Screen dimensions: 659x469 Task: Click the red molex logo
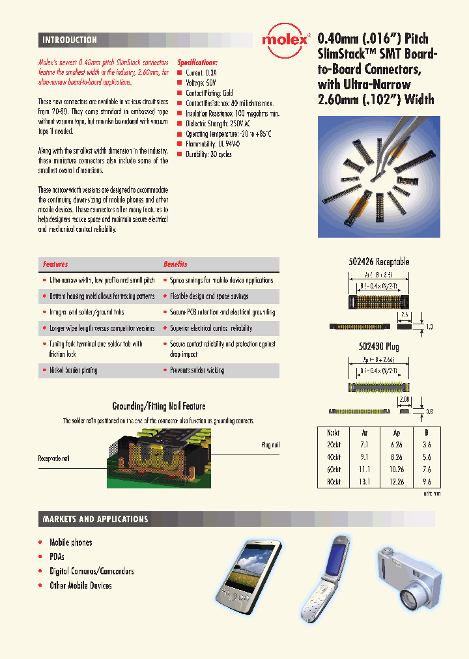point(285,40)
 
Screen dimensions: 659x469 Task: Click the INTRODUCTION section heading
point(70,40)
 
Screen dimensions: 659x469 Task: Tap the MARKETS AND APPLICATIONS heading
point(95,519)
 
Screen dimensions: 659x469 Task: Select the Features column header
point(55,264)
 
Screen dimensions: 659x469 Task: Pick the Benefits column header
point(175,264)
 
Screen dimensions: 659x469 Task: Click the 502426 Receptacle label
point(378,262)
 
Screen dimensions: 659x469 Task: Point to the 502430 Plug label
point(378,346)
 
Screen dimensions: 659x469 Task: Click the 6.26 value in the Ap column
point(397,444)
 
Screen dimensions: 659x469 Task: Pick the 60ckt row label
point(334,470)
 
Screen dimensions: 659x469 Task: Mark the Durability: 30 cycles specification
point(208,154)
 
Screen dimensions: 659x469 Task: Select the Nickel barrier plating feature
point(74,370)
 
